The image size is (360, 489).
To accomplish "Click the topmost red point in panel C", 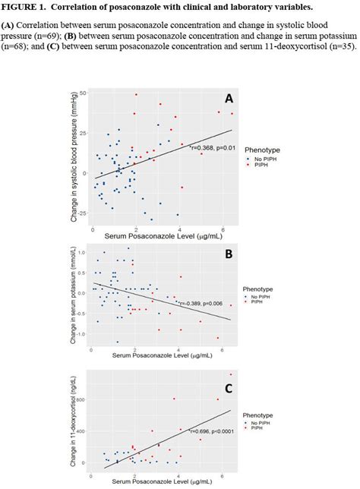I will click(x=231, y=374).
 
